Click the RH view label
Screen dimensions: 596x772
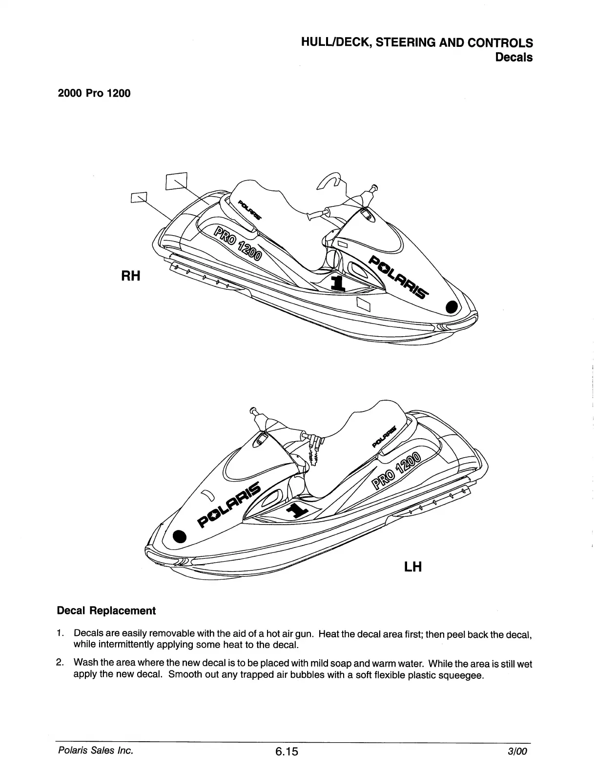click(x=130, y=276)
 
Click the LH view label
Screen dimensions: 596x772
click(x=412, y=567)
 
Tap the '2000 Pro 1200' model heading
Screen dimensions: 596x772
click(x=94, y=93)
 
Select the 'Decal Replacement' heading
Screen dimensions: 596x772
click(x=106, y=611)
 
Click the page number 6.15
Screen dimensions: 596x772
click(x=286, y=752)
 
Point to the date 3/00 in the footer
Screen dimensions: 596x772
click(x=518, y=752)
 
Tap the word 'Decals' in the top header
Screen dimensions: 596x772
click(x=514, y=57)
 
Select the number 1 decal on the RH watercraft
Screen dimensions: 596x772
click(x=336, y=283)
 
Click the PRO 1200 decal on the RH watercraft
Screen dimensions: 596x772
click(x=237, y=243)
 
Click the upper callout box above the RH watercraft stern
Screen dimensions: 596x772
click(x=176, y=181)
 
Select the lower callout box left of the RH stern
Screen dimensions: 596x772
click(x=139, y=197)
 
